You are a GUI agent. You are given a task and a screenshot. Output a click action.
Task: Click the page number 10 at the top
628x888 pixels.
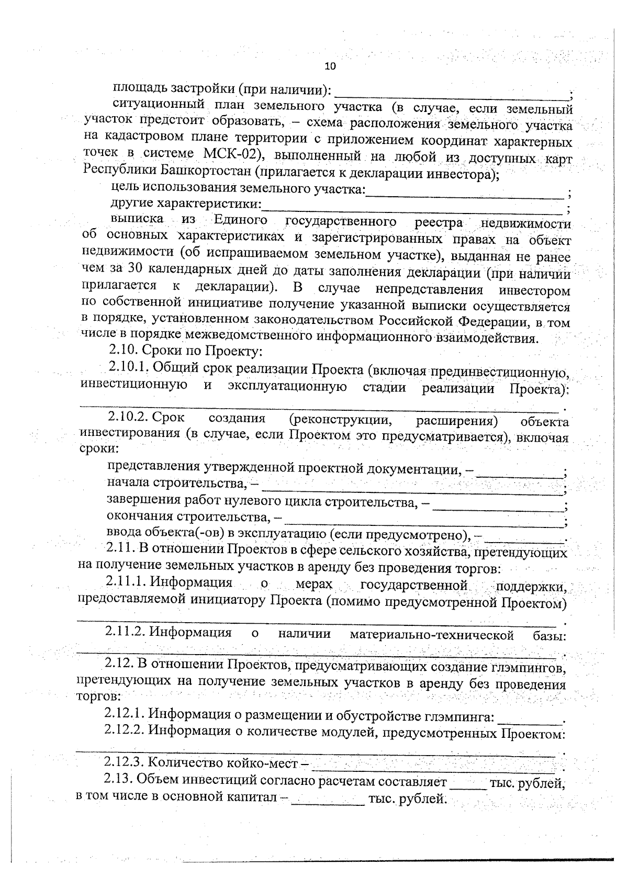(x=330, y=66)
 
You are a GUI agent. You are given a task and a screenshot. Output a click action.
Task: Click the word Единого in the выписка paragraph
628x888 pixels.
(x=240, y=220)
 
